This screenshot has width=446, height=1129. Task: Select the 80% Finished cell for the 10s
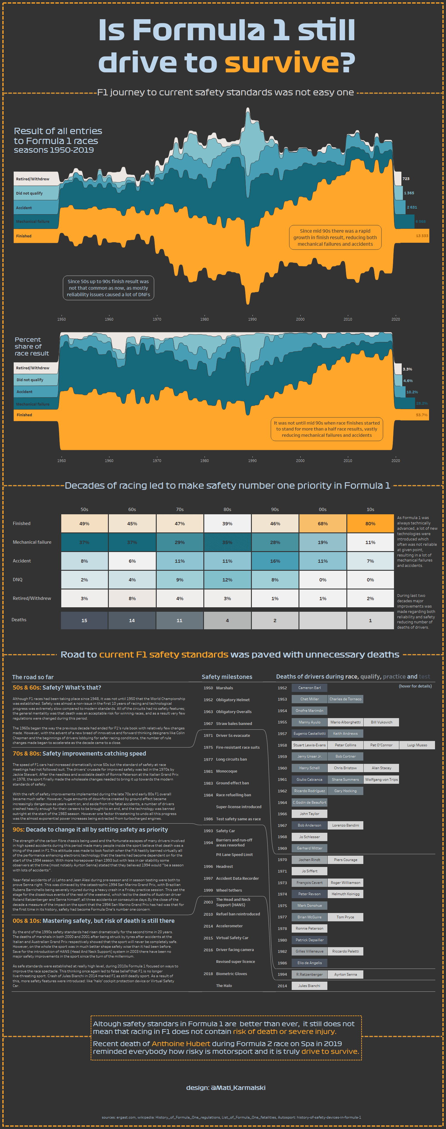click(370, 523)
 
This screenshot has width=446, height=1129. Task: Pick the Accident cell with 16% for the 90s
click(275, 561)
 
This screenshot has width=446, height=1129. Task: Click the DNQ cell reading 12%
click(227, 579)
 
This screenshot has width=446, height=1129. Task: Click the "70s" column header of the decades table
click(180, 509)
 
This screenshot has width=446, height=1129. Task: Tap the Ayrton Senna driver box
click(346, 974)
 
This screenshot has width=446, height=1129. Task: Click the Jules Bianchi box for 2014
click(309, 986)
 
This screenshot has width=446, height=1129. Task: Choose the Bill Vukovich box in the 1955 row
click(381, 722)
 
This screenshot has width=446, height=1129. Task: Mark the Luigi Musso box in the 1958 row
click(417, 745)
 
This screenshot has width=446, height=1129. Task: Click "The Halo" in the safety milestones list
click(224, 986)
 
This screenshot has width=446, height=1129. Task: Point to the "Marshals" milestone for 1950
click(224, 688)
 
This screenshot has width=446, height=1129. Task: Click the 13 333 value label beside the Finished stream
click(422, 236)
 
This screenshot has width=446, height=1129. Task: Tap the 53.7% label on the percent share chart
click(421, 414)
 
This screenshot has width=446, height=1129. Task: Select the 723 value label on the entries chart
click(406, 179)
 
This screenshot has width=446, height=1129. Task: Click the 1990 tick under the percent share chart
click(252, 461)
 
